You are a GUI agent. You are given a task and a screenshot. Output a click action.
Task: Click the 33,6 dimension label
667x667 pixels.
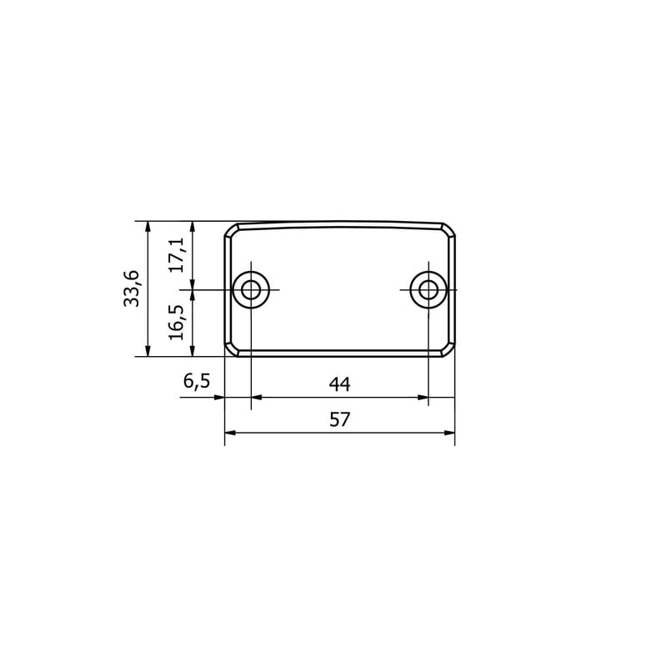click(x=132, y=288)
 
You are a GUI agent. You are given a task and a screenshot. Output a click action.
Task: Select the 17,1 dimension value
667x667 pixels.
click(x=177, y=255)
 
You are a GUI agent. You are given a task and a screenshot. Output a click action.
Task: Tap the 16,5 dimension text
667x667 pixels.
click(x=177, y=322)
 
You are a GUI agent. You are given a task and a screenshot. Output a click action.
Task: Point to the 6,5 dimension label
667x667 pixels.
click(x=197, y=381)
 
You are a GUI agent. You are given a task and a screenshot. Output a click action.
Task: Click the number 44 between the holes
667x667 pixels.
click(x=339, y=384)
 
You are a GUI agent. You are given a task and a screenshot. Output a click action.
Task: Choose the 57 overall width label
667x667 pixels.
click(x=339, y=419)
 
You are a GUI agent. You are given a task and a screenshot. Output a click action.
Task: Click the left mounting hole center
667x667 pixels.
click(x=251, y=289)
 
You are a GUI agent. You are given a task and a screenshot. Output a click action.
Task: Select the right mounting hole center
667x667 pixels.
click(x=429, y=289)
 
